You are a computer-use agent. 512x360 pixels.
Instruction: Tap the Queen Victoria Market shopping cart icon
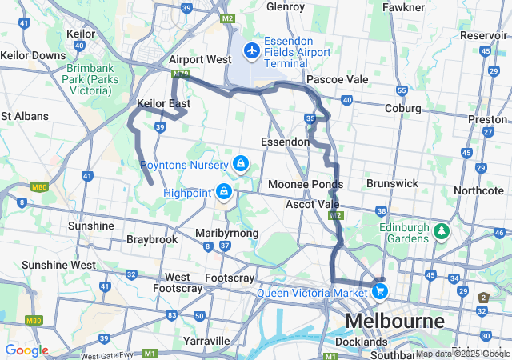point(379,292)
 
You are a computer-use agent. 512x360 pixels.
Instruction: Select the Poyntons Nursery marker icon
point(239,164)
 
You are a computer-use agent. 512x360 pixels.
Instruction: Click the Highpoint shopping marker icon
point(224,192)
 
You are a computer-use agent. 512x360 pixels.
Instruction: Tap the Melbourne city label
point(394,322)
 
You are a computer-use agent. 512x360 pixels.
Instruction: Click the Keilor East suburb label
point(164,104)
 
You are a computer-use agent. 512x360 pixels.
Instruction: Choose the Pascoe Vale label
point(337,80)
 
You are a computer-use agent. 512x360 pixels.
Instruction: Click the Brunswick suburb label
point(392,183)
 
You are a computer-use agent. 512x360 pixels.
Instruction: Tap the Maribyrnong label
point(227,233)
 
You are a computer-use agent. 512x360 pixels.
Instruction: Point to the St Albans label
point(25,116)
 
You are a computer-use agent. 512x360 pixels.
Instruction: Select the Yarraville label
point(206,340)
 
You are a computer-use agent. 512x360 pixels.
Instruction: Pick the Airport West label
point(200,60)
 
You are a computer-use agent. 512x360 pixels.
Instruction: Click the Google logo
point(26,350)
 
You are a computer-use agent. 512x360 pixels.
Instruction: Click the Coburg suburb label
point(403,108)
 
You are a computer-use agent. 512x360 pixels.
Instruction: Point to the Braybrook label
point(152,239)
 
